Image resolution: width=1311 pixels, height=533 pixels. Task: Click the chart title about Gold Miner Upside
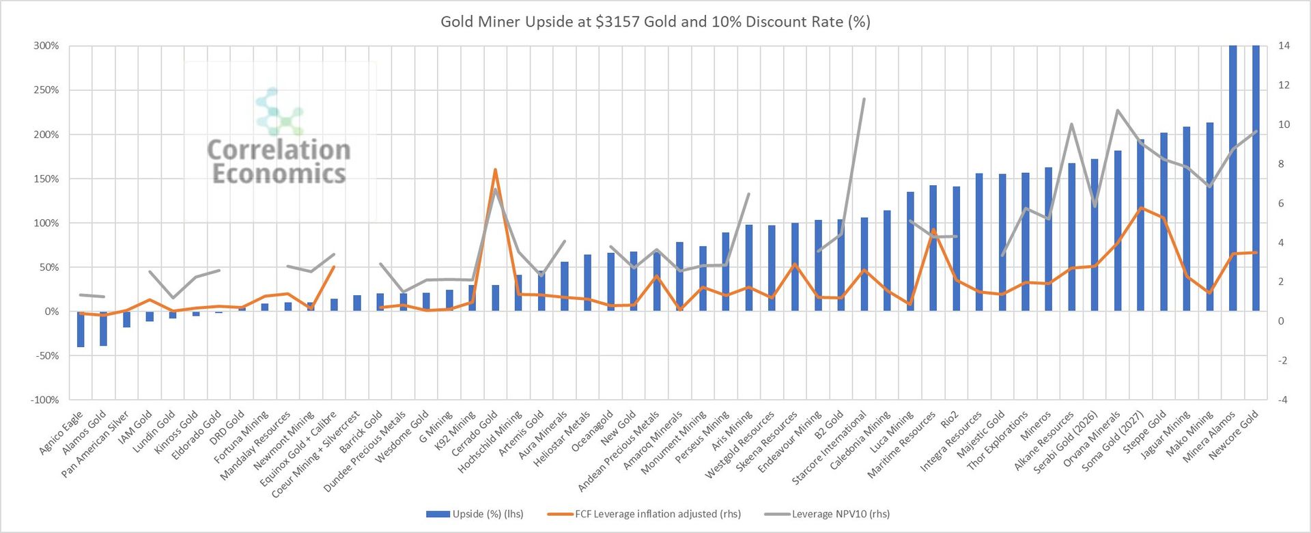(655, 22)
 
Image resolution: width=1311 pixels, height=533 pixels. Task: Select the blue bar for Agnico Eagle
(81, 329)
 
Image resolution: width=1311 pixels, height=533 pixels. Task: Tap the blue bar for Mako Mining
(1210, 217)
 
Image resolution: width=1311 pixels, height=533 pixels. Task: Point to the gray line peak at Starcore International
(864, 99)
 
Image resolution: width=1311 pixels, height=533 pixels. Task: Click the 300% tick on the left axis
(46, 46)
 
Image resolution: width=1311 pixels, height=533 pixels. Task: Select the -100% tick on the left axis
(45, 400)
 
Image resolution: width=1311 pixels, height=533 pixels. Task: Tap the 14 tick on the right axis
(1284, 46)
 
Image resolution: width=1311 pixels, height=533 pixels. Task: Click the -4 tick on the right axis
(1284, 400)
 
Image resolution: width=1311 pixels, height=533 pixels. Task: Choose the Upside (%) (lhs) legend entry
(475, 514)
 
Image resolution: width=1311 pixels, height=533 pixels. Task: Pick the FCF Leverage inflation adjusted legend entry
(645, 514)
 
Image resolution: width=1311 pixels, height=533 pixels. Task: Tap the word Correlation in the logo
(279, 150)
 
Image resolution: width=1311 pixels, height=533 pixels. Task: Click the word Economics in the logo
(279, 174)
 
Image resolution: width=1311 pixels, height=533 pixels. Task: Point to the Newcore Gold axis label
(1235, 434)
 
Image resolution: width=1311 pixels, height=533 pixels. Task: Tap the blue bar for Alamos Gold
(104, 328)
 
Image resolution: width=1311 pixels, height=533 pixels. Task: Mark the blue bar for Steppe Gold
(1164, 221)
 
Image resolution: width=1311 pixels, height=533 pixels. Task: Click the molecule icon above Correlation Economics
(279, 111)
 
